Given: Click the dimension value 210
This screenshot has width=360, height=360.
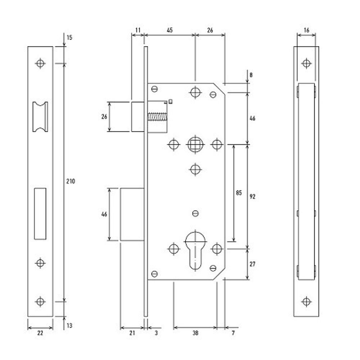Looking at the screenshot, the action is click(x=71, y=181).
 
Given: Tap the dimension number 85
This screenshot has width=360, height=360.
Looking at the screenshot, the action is click(x=239, y=193).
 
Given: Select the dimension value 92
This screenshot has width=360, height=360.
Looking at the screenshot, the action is click(x=252, y=197).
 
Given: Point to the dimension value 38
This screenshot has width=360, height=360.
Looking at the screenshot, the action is click(x=195, y=333).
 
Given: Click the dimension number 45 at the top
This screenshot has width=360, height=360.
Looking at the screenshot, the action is click(x=170, y=30).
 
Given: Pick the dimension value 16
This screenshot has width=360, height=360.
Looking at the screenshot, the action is click(x=306, y=30).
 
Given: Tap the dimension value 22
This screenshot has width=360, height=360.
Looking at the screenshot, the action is click(x=40, y=333).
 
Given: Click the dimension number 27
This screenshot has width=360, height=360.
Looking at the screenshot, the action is click(x=252, y=264).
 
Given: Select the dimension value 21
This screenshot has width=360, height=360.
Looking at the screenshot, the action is click(x=132, y=333).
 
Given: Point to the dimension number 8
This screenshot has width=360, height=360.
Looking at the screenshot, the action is click(x=251, y=75).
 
